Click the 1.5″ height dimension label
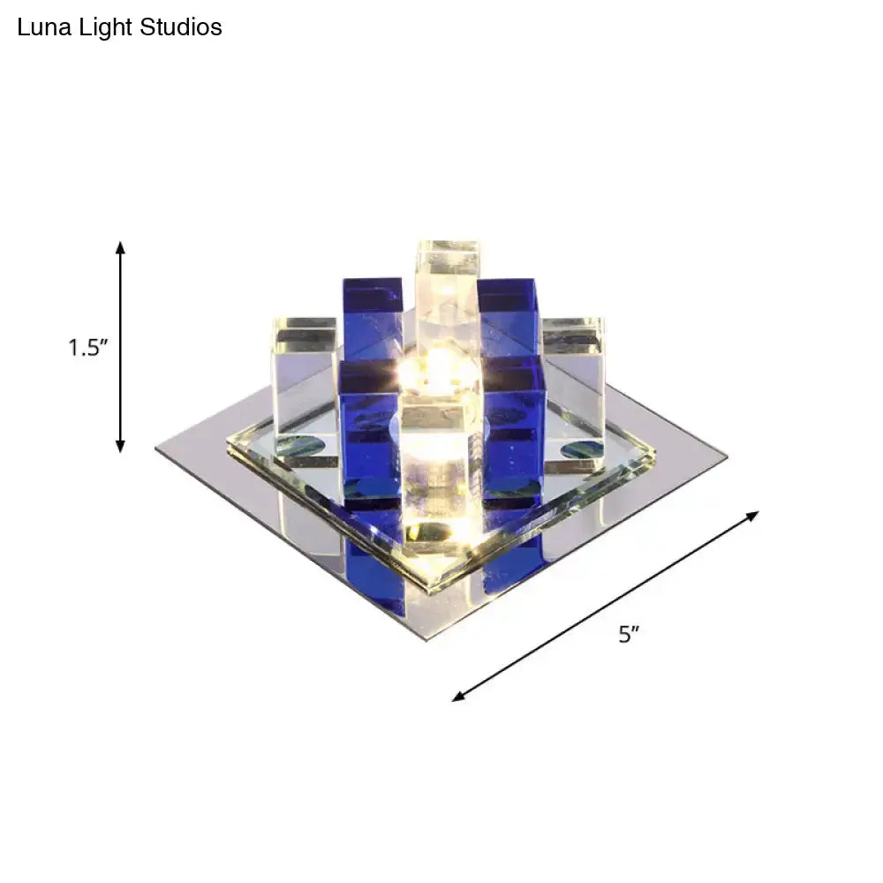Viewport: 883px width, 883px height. [x=88, y=347]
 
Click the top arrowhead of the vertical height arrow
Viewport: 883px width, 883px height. [x=121, y=245]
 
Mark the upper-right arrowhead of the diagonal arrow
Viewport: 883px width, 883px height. [x=754, y=514]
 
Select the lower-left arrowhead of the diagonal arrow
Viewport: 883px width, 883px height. [x=457, y=698]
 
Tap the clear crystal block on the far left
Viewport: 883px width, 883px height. [x=305, y=371]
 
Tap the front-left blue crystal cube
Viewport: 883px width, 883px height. [x=370, y=433]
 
